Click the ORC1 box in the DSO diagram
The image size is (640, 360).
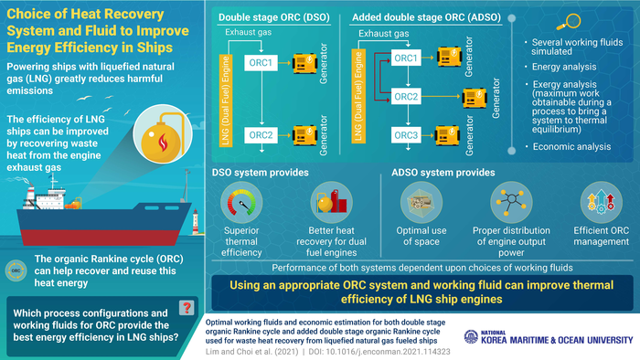261,63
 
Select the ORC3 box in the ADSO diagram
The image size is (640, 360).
406,135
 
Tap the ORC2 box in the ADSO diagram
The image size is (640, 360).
406,97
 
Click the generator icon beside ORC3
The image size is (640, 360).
447,135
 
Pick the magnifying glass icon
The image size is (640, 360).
568,22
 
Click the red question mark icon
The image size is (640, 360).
187,308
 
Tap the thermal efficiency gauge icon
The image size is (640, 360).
241,203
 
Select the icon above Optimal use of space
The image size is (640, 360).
421,203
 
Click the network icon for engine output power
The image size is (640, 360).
511,203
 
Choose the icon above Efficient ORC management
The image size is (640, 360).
602,203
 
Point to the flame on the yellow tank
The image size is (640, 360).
163,143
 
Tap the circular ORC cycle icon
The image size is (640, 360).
16,270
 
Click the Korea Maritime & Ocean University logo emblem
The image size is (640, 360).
471,336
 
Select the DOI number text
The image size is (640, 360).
379,352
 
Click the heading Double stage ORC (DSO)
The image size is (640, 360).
274,17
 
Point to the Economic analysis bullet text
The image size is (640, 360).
571,147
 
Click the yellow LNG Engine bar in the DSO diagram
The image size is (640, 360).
226,101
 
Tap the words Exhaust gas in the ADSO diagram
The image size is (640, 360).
384,34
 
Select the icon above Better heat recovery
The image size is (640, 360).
331,203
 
